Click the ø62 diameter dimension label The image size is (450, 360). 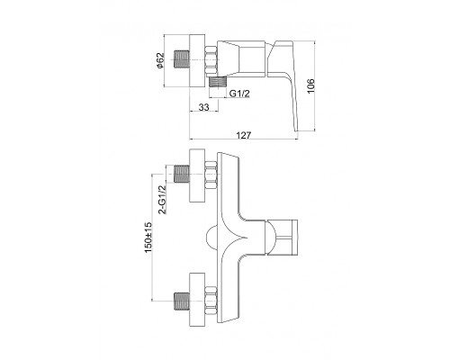pyautogui.click(x=160, y=60)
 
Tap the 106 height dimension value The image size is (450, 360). pyautogui.click(x=310, y=85)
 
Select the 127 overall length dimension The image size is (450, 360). pyautogui.click(x=243, y=135)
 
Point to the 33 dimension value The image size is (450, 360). pyautogui.click(x=203, y=107)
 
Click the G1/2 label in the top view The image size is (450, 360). pyautogui.click(x=239, y=94)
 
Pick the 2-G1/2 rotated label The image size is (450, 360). pyautogui.click(x=162, y=200)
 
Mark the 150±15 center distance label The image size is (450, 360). pyautogui.click(x=148, y=238)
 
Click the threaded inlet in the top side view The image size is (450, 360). pyautogui.click(x=182, y=60)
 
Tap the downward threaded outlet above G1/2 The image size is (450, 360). pyautogui.click(x=217, y=82)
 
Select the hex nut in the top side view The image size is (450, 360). pyautogui.click(x=211, y=60)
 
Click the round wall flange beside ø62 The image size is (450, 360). pyautogui.click(x=197, y=60)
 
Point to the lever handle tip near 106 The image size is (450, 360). pyautogui.click(x=295, y=129)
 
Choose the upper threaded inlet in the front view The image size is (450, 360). pyautogui.click(x=182, y=174)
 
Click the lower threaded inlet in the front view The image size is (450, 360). pyautogui.click(x=182, y=300)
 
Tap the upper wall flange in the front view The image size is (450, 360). pyautogui.click(x=197, y=175)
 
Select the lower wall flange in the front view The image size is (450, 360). pyautogui.click(x=197, y=300)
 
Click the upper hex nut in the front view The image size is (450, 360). pyautogui.click(x=211, y=175)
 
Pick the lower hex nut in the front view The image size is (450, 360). pyautogui.click(x=211, y=300)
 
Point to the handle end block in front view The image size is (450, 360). pyautogui.click(x=285, y=238)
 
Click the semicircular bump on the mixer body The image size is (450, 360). pyautogui.click(x=211, y=238)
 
